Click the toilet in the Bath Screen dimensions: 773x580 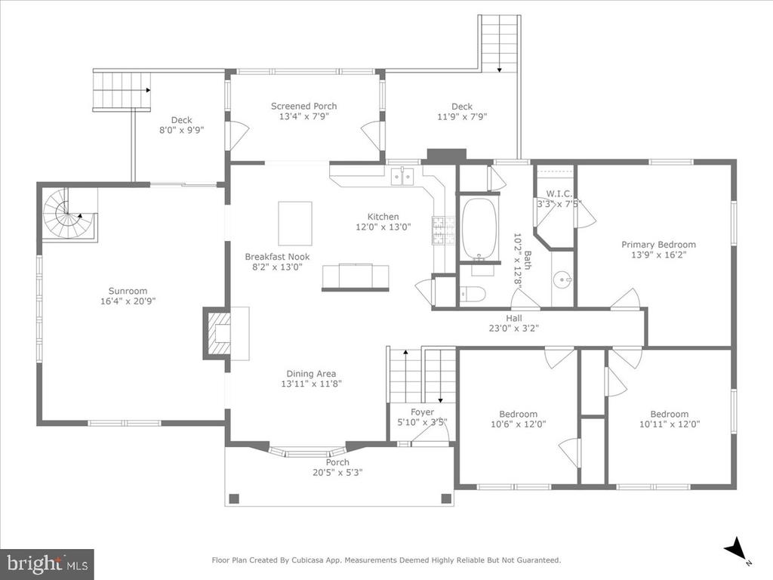coord(473,295)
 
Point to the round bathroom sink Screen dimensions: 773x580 coord(562,281)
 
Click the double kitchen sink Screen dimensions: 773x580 coord(403,176)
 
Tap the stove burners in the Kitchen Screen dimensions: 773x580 coord(439,231)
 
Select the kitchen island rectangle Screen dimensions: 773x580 coord(295,224)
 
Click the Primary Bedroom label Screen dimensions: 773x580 coord(658,245)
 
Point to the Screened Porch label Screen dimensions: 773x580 coord(304,106)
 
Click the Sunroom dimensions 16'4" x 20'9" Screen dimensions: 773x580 coord(128,301)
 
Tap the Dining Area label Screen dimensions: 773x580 coord(311,374)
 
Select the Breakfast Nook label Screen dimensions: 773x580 coord(278,257)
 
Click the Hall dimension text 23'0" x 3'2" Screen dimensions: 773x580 coord(513,328)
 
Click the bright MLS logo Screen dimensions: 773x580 coord(47,563)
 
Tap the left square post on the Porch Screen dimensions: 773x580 coord(235,498)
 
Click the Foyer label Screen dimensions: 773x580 coord(423,412)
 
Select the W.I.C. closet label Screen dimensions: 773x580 coord(559,194)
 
